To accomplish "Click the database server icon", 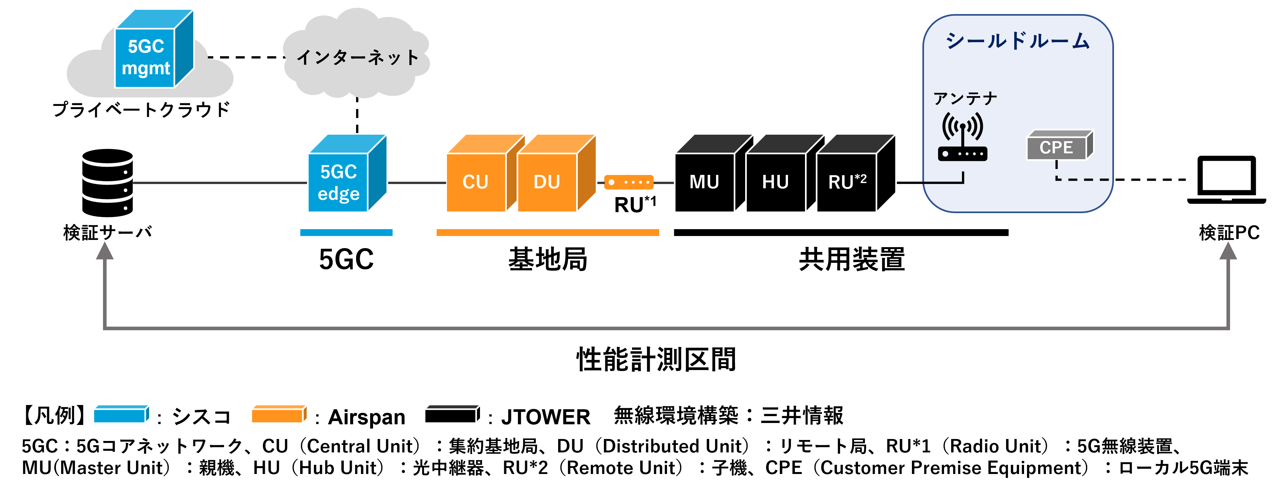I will click(x=107, y=182).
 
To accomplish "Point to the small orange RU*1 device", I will click(x=628, y=182).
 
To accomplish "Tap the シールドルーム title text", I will click(x=1017, y=41).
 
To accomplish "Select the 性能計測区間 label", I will click(x=656, y=359).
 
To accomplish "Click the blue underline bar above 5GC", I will click(x=346, y=232).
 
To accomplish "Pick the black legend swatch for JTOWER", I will click(x=452, y=414).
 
